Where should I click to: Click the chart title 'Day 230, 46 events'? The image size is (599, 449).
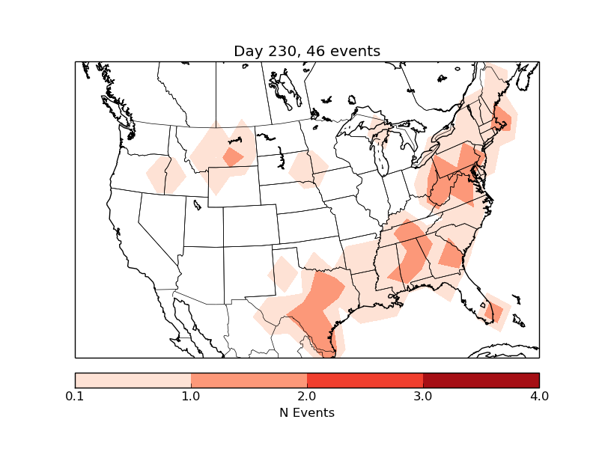(307, 51)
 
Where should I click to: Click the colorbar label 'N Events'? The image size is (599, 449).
(307, 412)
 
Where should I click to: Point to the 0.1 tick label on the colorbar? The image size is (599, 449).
(75, 396)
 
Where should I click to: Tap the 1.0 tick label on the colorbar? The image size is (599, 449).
(191, 396)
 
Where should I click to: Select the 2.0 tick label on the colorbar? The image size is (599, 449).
(307, 396)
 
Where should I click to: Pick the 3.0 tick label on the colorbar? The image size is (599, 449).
(423, 396)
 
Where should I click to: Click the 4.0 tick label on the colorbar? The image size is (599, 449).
(539, 396)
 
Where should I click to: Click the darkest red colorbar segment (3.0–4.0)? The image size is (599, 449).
(481, 379)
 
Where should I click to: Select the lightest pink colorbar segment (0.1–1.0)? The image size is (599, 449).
(133, 379)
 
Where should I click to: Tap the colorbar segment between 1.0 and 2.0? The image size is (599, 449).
(249, 379)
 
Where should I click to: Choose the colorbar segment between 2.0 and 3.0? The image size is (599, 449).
(365, 379)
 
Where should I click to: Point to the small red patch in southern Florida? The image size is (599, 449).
(496, 311)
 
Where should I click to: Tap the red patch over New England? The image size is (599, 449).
(502, 119)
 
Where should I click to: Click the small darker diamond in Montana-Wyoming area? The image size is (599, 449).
(233, 157)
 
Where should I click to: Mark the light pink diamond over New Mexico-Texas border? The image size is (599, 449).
(284, 274)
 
